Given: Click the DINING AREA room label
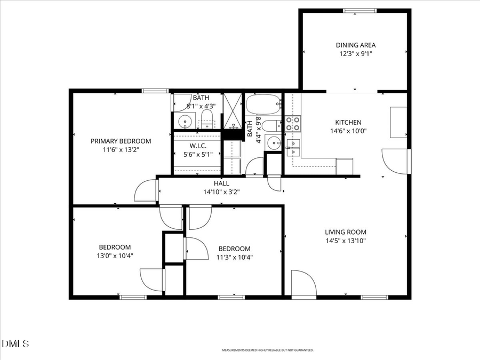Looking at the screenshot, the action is click(356, 45).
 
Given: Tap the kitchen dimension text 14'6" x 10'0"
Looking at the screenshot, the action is click(348, 131).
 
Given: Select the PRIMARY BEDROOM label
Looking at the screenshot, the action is click(121, 141).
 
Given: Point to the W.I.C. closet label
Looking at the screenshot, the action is click(198, 146).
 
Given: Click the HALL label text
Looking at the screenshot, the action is click(221, 183).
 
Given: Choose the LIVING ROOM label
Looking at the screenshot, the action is click(346, 232).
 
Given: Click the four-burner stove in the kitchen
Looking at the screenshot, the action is click(293, 124).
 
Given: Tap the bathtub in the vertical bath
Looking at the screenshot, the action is click(263, 104).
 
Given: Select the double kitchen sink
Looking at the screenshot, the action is click(293, 147).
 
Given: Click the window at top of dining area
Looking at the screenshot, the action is click(359, 11).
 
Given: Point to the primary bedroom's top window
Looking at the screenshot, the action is click(155, 91).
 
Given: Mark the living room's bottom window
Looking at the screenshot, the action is click(374, 297).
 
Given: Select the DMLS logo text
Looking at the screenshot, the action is click(15, 343).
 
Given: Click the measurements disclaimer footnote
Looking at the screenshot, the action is click(268, 350).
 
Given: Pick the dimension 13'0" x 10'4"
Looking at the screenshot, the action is click(115, 255).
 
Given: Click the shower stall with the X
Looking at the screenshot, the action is click(233, 111).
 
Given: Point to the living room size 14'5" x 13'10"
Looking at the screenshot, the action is click(346, 241).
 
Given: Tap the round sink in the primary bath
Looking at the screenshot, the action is click(185, 121).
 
